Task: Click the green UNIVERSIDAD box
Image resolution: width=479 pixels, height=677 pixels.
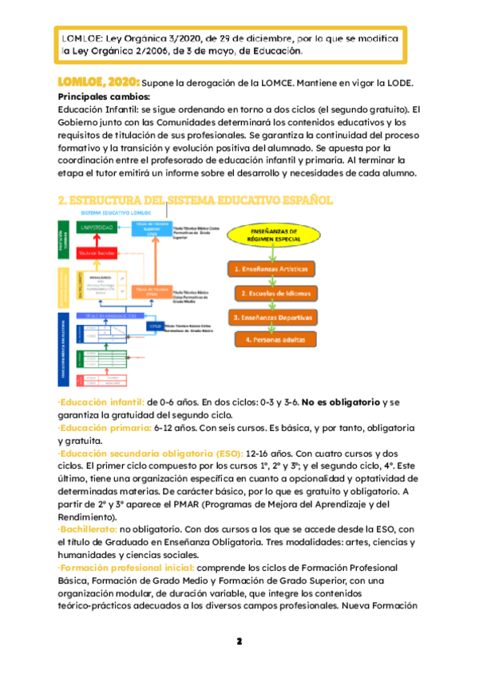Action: pyautogui.click(x=95, y=228)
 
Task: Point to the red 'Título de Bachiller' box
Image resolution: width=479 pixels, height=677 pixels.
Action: pyautogui.click(x=96, y=253)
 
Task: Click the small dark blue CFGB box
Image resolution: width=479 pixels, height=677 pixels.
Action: pyautogui.click(x=156, y=326)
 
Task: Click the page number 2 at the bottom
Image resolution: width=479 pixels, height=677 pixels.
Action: pyautogui.click(x=239, y=641)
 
